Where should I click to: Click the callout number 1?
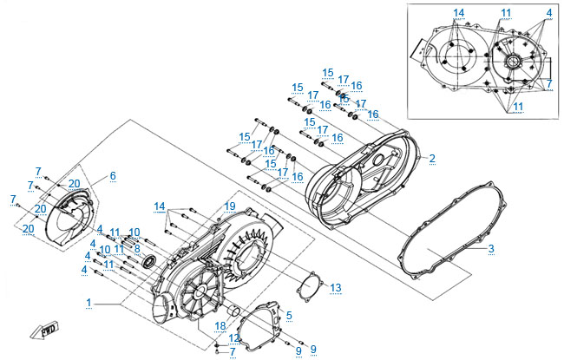point(89,301)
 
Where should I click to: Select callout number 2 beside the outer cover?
point(432,158)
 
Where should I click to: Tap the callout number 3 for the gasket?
point(491,250)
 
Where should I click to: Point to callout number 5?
point(289,316)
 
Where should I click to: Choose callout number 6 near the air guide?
point(112,176)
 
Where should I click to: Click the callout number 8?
point(136,247)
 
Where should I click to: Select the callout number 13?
point(336,287)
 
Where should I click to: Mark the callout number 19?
point(230,206)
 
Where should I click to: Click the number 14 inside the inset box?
point(459,12)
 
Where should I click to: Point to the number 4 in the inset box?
point(549,12)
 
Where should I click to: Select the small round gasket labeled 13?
point(308,283)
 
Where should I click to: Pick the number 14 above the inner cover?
point(160,206)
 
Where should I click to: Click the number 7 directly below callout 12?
point(232,351)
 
